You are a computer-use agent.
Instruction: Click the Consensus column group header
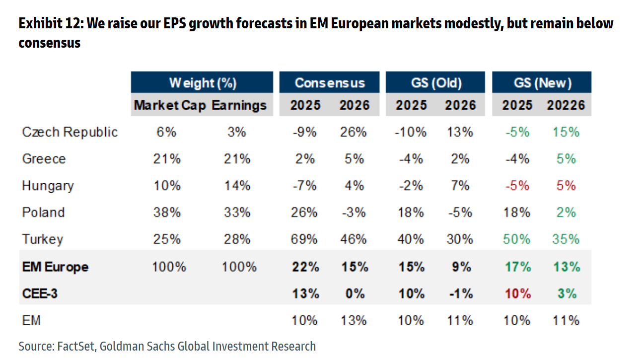329,82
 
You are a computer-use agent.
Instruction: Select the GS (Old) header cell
435,82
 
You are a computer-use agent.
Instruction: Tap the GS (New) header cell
542,82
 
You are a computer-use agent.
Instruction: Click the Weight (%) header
202,82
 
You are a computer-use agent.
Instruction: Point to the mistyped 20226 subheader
566,105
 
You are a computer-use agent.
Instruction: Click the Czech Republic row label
70,132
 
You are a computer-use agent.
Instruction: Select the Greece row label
44,159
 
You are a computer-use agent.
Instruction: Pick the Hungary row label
48,186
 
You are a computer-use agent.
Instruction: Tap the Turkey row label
43,239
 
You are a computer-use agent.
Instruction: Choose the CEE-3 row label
40,293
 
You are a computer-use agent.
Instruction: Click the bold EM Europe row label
55,267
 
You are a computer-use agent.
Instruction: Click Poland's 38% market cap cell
167,213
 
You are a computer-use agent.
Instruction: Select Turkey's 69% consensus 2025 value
304,239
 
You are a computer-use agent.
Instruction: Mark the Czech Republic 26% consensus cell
353,132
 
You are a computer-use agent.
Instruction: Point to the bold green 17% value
516,267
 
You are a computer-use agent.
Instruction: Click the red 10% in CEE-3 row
516,293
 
